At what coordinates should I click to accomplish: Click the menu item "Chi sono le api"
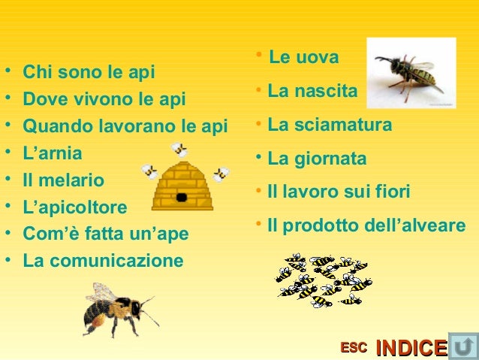[89, 73]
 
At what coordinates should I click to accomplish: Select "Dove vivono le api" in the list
[104, 99]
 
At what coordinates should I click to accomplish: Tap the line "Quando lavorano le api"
[125, 126]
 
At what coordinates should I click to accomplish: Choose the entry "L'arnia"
[53, 153]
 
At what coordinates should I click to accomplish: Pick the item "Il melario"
[64, 180]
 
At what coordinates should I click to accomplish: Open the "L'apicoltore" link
[75, 207]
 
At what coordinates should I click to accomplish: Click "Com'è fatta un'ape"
[106, 234]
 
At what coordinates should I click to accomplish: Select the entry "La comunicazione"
[103, 261]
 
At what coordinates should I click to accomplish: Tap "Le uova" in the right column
[303, 57]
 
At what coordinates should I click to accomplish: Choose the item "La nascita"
[312, 92]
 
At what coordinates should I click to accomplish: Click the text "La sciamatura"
[330, 125]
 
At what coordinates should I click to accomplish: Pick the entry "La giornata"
[317, 159]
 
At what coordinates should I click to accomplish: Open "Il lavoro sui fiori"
[339, 192]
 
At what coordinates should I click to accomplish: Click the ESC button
[354, 347]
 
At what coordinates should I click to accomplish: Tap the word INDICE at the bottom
[411, 348]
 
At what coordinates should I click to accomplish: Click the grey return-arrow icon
[462, 346]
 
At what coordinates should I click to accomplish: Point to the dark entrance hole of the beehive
[181, 197]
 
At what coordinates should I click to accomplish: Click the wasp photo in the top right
[410, 74]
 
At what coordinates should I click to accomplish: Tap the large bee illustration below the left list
[116, 309]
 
